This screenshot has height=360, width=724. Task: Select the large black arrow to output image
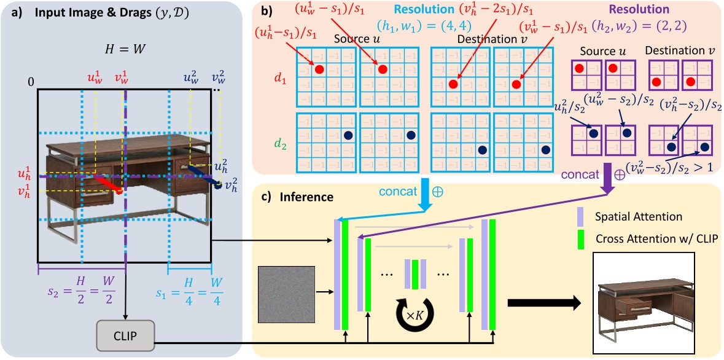tap(543, 302)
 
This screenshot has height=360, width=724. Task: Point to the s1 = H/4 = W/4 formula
tap(190, 289)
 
